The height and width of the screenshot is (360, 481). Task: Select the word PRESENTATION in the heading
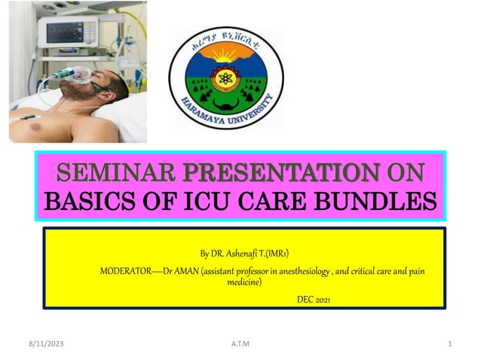pyautogui.click(x=281, y=172)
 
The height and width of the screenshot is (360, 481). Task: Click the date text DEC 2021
pyautogui.click(x=313, y=299)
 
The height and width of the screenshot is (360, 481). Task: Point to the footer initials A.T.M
pyautogui.click(x=240, y=344)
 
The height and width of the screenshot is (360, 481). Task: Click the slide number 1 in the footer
pyautogui.click(x=449, y=344)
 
